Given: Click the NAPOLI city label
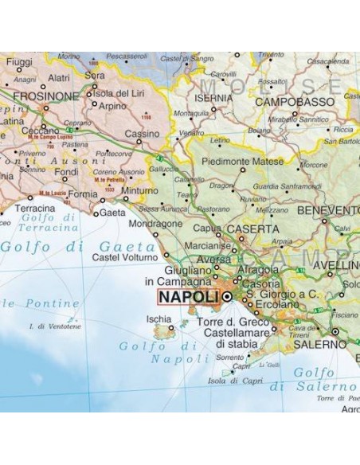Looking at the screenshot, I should [188, 297].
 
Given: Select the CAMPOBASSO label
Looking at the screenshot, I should [295, 102].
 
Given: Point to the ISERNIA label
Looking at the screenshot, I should [214, 98].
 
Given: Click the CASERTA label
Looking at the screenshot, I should [253, 229].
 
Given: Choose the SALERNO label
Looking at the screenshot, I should [320, 345].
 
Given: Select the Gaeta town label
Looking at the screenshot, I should [113, 213].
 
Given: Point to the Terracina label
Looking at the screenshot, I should [35, 208].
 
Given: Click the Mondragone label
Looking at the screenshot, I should [155, 224].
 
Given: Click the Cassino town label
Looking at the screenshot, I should [143, 133].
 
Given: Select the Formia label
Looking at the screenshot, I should [83, 193].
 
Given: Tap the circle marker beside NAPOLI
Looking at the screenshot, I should [227, 297].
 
